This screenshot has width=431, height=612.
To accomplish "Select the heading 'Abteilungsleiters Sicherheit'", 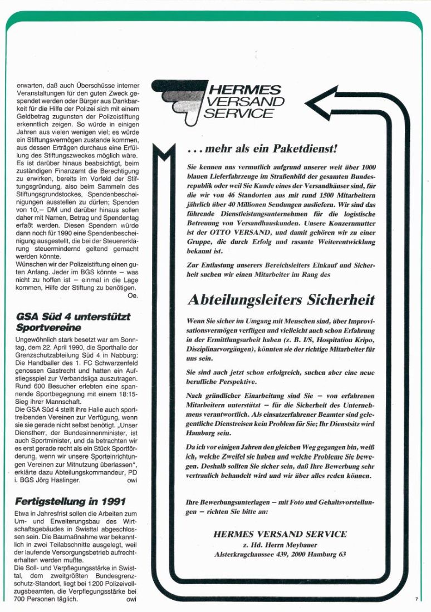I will pos(281,300).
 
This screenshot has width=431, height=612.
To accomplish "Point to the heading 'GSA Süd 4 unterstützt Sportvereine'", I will pos(73,321).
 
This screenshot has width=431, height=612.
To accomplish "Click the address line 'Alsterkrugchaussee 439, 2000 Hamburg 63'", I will pos(280,554).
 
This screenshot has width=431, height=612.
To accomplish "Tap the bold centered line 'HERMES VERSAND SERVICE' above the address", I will pos(280,534).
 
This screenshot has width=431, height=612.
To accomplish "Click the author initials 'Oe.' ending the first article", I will pos(132,296).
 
